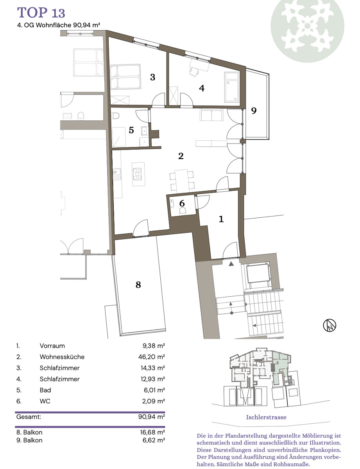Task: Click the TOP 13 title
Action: coord(41,13)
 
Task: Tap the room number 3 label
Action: coord(152,77)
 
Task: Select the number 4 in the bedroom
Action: coord(202,88)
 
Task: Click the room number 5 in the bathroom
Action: coord(131,130)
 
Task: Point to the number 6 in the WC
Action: coord(182,203)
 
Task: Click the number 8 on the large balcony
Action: coord(138,285)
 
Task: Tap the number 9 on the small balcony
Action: coord(254,111)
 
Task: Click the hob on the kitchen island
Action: coord(137,174)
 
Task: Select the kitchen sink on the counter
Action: coord(117,174)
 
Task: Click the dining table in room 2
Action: coord(182,181)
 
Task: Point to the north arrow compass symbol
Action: coord(330,325)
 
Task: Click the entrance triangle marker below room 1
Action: coord(231,263)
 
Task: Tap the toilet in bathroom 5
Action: coord(115,115)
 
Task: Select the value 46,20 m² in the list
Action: coord(152,357)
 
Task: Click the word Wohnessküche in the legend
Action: coord(62,357)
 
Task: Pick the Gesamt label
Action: coord(29,416)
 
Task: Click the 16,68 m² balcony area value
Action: coord(152,432)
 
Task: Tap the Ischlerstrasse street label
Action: coord(266,417)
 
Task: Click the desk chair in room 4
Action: coord(194,72)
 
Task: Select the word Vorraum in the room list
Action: coord(52,345)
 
